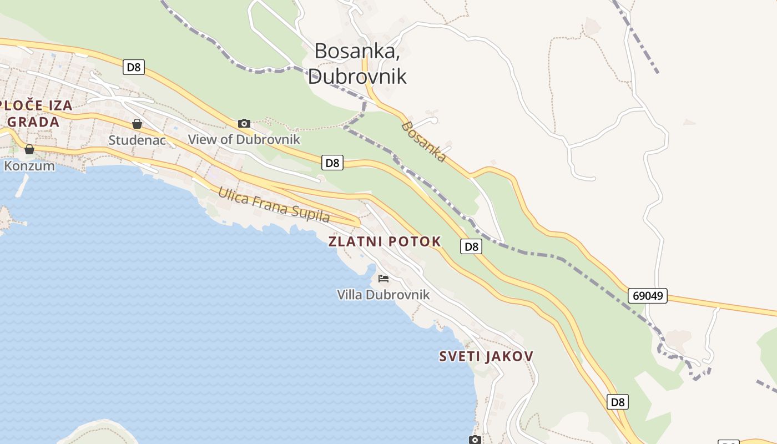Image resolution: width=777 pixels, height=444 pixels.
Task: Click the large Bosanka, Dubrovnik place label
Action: pyautogui.click(x=357, y=63)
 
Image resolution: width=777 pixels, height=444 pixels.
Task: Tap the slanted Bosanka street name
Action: pyautogui.click(x=423, y=142)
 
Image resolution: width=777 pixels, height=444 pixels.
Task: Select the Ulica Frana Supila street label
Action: pyautogui.click(x=274, y=204)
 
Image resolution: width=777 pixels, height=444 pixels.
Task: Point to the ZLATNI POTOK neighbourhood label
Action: pyautogui.click(x=385, y=241)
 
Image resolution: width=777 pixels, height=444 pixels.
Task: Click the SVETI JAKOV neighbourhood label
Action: pyautogui.click(x=486, y=356)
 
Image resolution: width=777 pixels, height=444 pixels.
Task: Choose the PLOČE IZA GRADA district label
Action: pyautogui.click(x=33, y=114)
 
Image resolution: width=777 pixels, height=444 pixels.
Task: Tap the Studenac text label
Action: pyautogui.click(x=137, y=140)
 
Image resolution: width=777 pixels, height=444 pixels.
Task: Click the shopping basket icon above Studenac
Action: pyautogui.click(x=137, y=124)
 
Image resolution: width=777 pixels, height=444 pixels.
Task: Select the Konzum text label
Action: pyautogui.click(x=29, y=165)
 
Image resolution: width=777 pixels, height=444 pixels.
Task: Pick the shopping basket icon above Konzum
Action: pyautogui.click(x=29, y=149)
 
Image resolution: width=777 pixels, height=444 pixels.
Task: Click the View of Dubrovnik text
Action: pyautogui.click(x=244, y=139)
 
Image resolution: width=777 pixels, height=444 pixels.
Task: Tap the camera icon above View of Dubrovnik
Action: pyautogui.click(x=244, y=123)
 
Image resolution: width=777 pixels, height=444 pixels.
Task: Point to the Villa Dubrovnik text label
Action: pyautogui.click(x=384, y=294)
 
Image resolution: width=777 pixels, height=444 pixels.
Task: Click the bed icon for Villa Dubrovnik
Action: pyautogui.click(x=384, y=278)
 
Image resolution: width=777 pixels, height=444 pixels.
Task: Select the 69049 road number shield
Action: pyautogui.click(x=648, y=295)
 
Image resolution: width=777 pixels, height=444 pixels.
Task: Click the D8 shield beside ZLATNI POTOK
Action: pyautogui.click(x=471, y=246)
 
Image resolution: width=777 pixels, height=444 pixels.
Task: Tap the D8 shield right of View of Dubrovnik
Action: pyautogui.click(x=332, y=163)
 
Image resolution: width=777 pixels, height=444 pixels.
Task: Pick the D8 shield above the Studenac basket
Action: pyautogui.click(x=134, y=68)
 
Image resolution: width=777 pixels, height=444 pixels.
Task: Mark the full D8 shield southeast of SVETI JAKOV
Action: pyautogui.click(x=618, y=402)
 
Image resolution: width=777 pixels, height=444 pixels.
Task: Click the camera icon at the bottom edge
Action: pyautogui.click(x=475, y=440)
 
